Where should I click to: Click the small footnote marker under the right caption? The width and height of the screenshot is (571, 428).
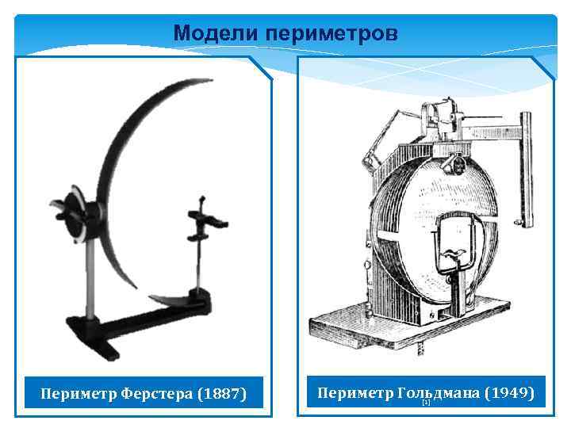426,403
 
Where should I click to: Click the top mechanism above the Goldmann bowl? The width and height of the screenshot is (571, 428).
440,119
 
